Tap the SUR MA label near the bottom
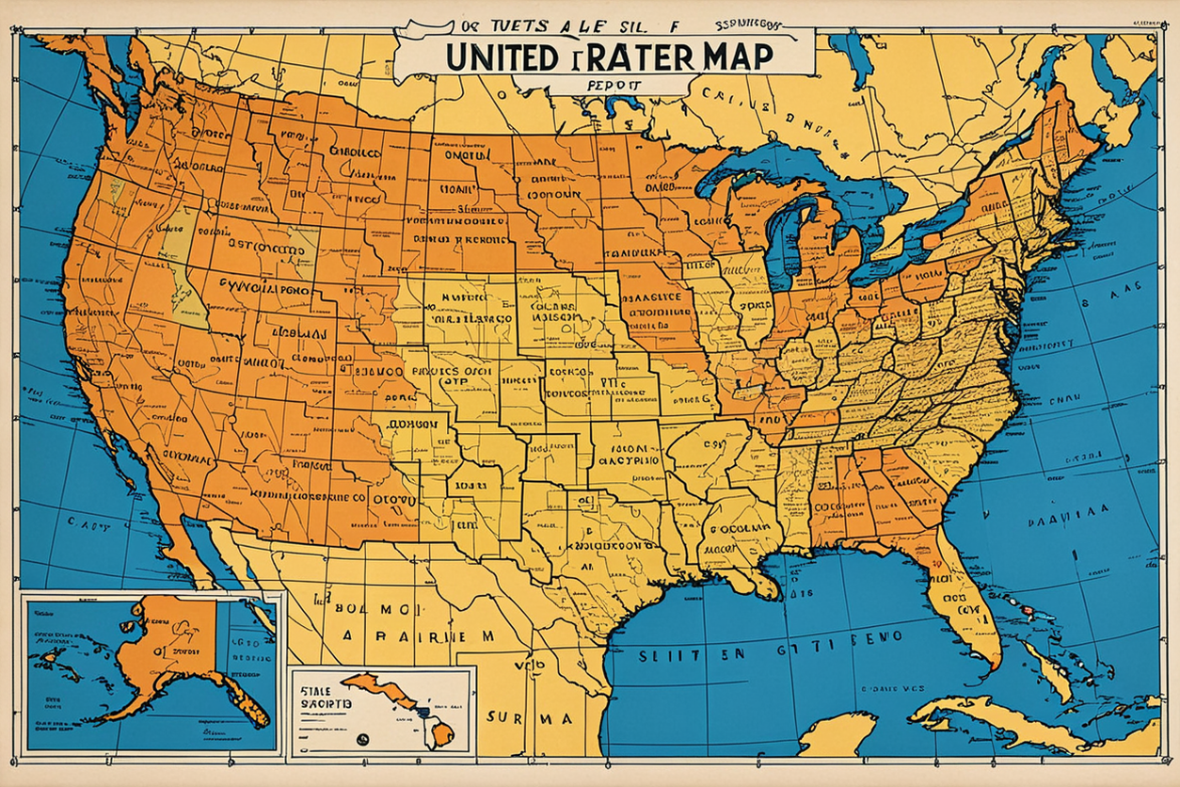click(x=533, y=718)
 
